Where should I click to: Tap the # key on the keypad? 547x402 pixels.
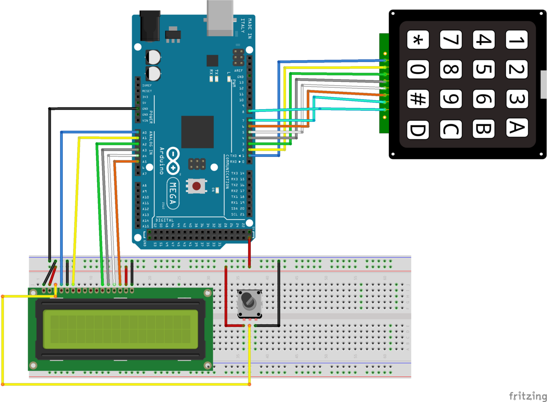418,99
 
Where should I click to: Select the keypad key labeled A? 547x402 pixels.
517,127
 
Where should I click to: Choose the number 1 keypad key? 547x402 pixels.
517,40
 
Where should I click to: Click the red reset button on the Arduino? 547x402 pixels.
196,186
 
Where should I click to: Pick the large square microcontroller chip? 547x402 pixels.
197,131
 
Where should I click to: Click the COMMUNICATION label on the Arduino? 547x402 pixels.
227,171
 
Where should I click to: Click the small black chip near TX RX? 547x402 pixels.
212,60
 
